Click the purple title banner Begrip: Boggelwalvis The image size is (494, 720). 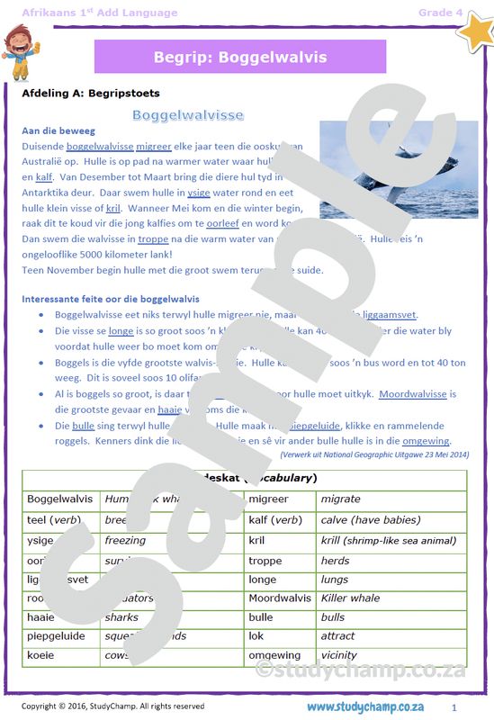point(239,58)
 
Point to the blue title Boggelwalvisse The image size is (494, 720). point(188,115)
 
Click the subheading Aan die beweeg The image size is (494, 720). point(58,130)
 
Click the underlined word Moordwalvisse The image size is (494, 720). point(413,394)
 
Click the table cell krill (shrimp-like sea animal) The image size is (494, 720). point(388,541)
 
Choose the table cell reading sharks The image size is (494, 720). point(121,618)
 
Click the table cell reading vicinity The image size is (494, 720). point(339,655)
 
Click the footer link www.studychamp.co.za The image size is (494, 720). point(364,706)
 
